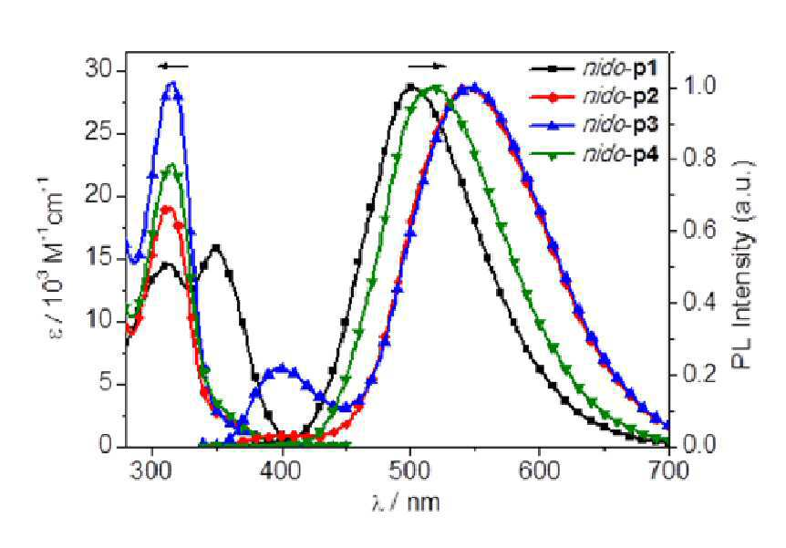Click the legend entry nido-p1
pos(594,68)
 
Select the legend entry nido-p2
pos(594,97)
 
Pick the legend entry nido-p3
pos(594,125)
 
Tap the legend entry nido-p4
pos(594,155)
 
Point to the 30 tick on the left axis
pos(98,70)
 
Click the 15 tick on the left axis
pos(98,259)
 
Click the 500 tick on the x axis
pos(410,471)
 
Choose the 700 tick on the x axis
pos(669,471)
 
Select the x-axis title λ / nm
pos(406,502)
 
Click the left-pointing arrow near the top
pos(172,67)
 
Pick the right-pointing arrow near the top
pos(427,67)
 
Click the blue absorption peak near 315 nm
pos(173,83)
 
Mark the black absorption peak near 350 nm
pos(216,247)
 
